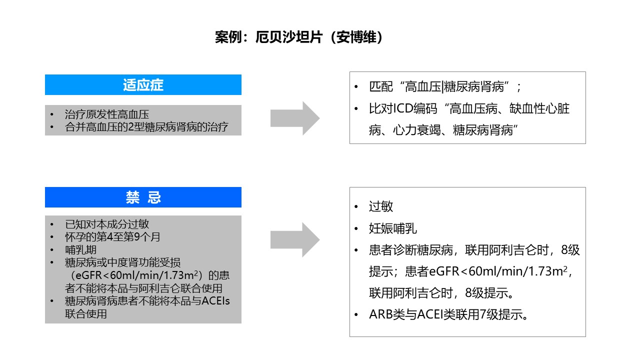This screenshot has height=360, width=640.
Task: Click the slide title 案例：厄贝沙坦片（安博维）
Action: [298, 37]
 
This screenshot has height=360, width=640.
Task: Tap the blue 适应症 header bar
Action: [143, 84]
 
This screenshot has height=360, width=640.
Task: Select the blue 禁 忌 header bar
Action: [143, 197]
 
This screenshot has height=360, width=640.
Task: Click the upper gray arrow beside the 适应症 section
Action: [295, 118]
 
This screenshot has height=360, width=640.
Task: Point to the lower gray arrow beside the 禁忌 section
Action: [295, 239]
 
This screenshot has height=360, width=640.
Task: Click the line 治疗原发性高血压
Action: [107, 114]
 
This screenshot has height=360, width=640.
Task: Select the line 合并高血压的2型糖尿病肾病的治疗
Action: [146, 127]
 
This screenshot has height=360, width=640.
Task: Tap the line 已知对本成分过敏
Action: [107, 224]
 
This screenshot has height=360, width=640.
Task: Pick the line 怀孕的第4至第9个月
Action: [112, 237]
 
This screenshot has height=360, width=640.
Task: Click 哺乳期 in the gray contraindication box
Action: [80, 250]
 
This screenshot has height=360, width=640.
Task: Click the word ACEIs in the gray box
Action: [215, 301]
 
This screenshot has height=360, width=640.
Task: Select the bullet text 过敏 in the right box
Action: [381, 206]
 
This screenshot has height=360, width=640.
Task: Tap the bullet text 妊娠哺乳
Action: [393, 228]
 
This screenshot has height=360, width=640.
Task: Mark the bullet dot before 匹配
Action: [356, 87]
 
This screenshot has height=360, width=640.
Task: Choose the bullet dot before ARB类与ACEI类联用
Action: [356, 315]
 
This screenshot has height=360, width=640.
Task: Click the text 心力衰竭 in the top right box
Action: [417, 130]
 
